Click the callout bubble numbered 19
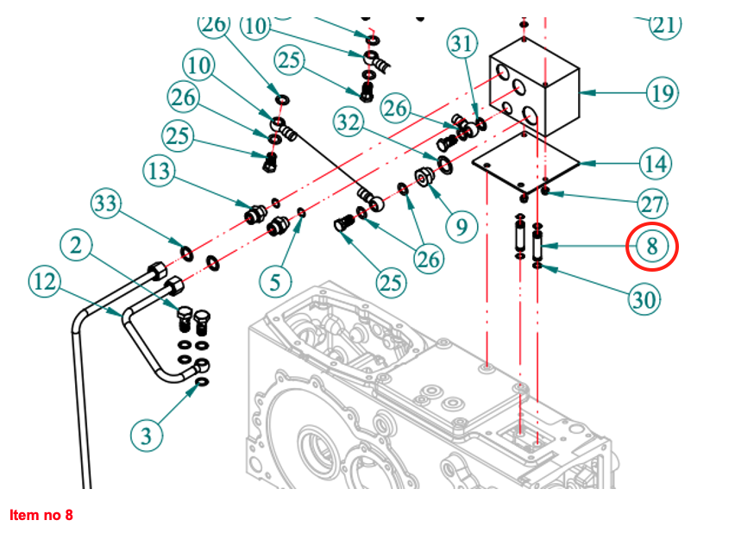point(662,93)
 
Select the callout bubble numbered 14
point(656,164)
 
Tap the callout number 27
point(652,204)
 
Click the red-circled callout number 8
point(652,247)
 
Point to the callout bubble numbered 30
point(644,299)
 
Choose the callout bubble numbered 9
point(462,228)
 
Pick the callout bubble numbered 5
point(276,281)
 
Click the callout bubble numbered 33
point(106,204)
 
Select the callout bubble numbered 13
point(159,171)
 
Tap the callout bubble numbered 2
point(76,245)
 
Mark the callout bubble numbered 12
point(45,281)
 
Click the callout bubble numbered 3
point(147,436)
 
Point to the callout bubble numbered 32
point(349,122)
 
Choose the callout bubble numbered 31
point(462,44)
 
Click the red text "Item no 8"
point(41,515)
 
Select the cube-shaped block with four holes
point(534,88)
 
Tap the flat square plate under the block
point(526,163)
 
